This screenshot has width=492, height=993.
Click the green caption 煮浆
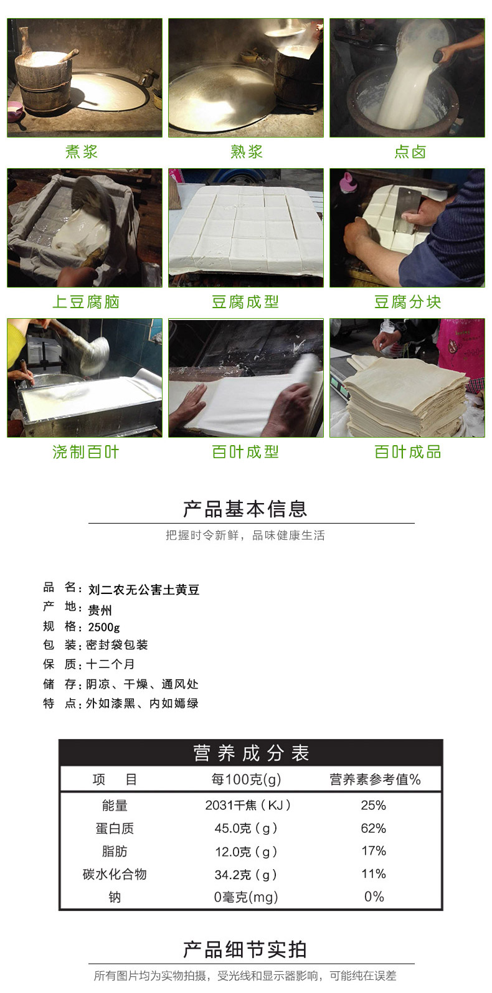pyautogui.click(x=82, y=152)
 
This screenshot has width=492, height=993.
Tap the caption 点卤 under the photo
pyautogui.click(x=410, y=152)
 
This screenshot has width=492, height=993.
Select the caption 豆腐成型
pyautogui.click(x=245, y=302)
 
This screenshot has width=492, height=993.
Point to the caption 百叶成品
pyautogui.click(x=408, y=452)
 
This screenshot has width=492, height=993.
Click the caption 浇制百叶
pyautogui.click(x=85, y=452)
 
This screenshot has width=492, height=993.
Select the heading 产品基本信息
pyautogui.click(x=245, y=509)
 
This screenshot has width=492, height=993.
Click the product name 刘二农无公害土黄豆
pyautogui.click(x=144, y=590)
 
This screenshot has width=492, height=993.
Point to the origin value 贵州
pyautogui.click(x=100, y=610)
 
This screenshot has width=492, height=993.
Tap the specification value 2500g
pyautogui.click(x=104, y=628)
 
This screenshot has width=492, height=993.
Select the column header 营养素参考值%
pyautogui.click(x=375, y=779)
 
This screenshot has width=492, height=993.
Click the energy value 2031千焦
pyautogui.click(x=247, y=805)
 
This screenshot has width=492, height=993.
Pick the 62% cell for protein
pyautogui.click(x=374, y=828)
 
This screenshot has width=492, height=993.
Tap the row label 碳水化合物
pyautogui.click(x=115, y=874)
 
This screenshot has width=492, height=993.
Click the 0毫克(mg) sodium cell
pyautogui.click(x=246, y=897)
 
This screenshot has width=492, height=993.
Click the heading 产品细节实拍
pyautogui.click(x=245, y=949)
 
